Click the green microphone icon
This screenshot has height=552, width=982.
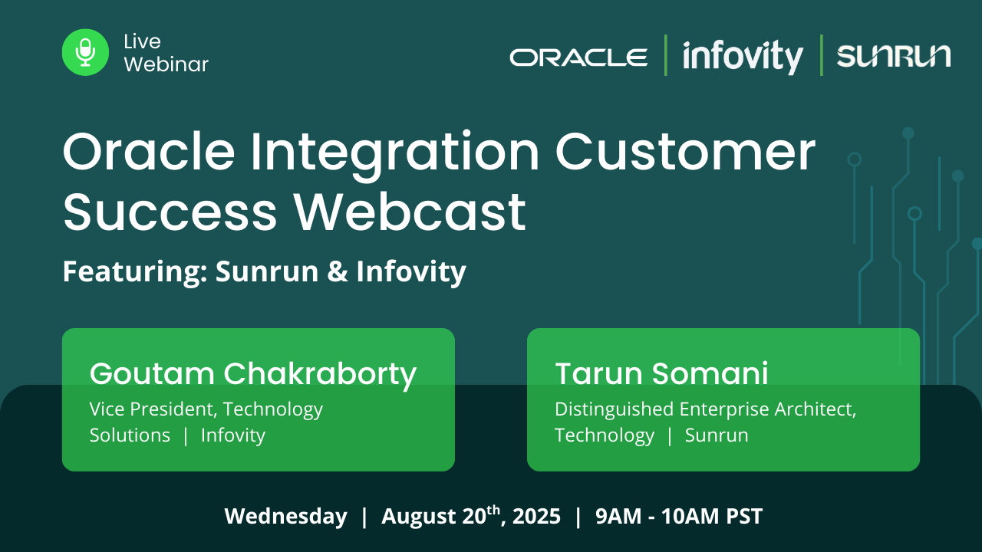(85, 52)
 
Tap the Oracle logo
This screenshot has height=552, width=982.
(578, 58)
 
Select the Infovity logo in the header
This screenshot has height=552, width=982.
(743, 56)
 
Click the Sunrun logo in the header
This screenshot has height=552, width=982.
(894, 56)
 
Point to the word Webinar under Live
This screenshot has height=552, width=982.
(166, 64)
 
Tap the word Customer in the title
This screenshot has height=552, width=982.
(686, 152)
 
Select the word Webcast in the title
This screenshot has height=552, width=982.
(410, 212)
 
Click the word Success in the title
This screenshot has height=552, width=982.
(170, 212)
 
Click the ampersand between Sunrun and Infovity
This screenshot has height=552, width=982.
(338, 271)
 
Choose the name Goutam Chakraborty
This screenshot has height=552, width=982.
(253, 374)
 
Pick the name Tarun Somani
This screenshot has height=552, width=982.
(661, 373)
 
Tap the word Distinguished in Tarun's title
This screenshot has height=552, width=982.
(615, 409)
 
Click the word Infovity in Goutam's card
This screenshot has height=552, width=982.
(233, 435)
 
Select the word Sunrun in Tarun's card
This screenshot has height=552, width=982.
(717, 435)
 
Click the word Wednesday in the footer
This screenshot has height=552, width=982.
(286, 516)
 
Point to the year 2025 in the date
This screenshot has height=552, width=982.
(536, 516)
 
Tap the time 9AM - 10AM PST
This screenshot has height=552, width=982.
(679, 516)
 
